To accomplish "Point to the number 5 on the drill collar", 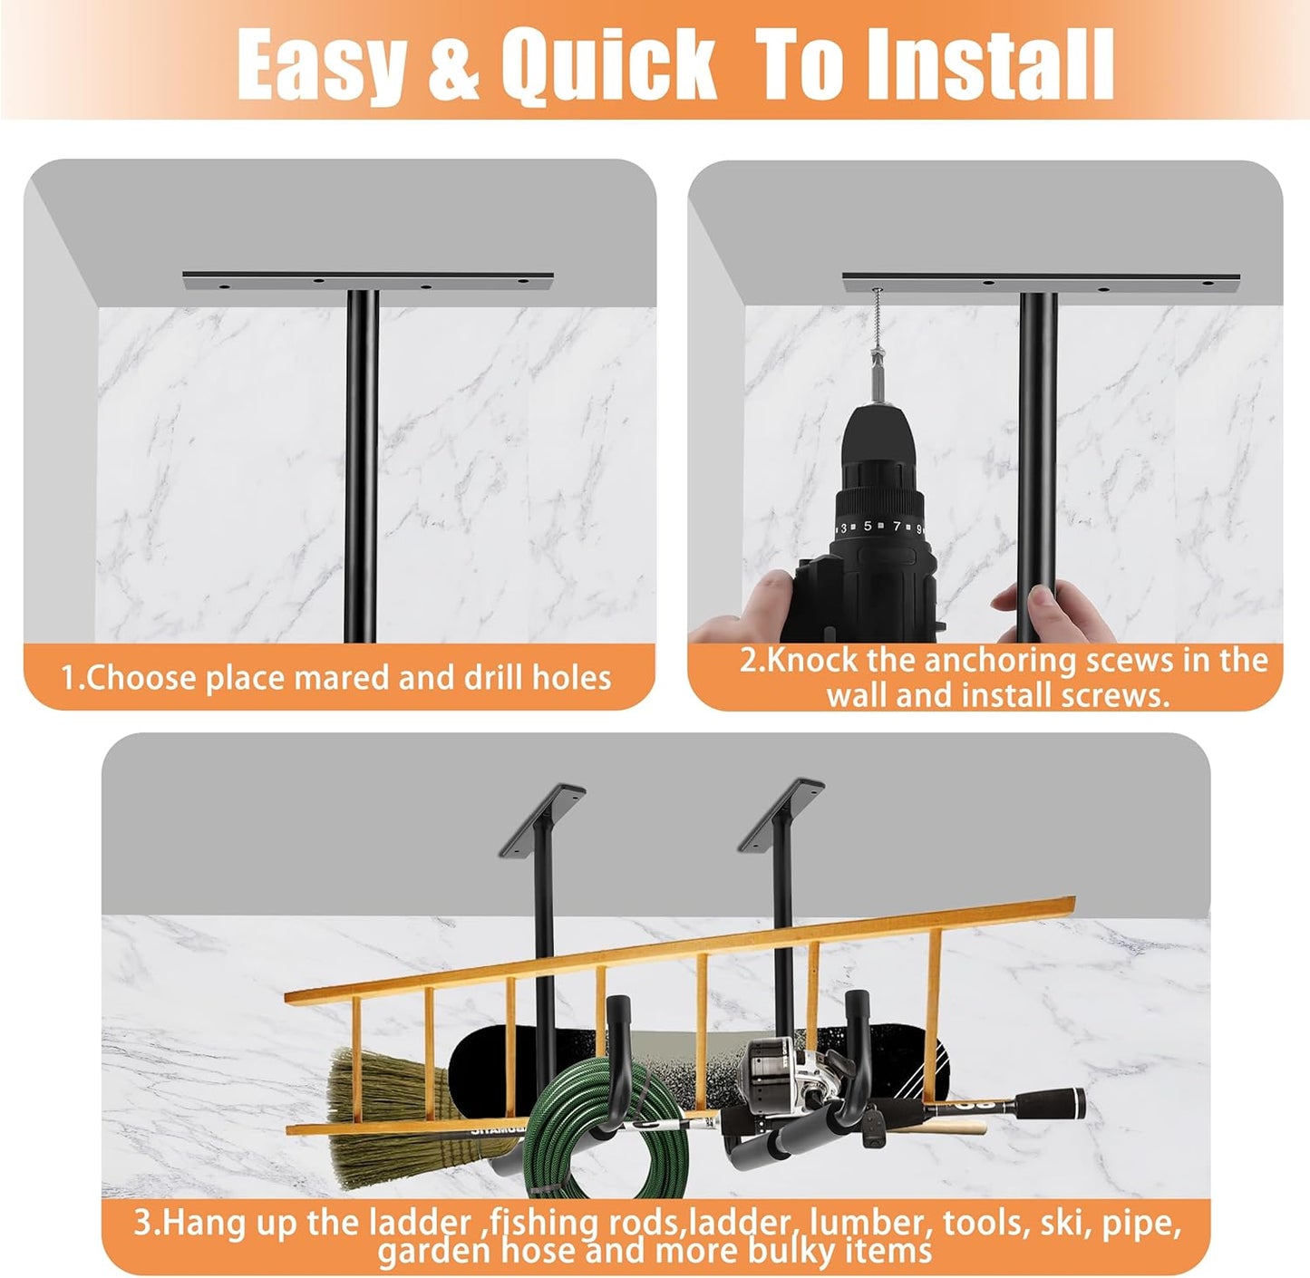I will click(x=868, y=527).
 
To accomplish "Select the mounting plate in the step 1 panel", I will click(x=367, y=280).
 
